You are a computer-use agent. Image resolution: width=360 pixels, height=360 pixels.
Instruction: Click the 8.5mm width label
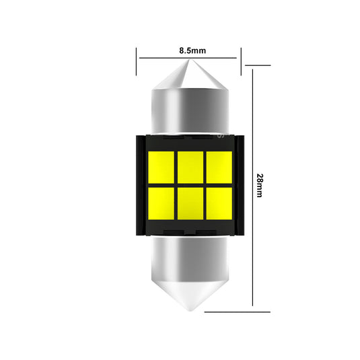click(x=189, y=50)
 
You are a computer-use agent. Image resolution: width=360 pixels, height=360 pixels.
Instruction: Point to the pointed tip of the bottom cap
click(x=189, y=311)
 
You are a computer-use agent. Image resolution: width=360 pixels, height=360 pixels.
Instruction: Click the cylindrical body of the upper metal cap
click(x=189, y=111)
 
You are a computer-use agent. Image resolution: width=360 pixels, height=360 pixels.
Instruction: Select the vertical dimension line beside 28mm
click(x=252, y=135)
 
